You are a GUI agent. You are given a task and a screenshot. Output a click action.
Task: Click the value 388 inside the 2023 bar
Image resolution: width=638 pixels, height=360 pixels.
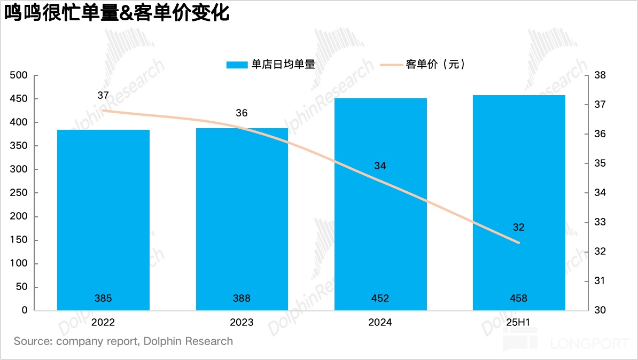click(x=242, y=298)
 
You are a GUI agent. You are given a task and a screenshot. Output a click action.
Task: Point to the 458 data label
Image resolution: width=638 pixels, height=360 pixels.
click(x=519, y=298)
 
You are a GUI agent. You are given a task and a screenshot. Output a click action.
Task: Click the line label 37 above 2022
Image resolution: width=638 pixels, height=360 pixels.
click(x=103, y=96)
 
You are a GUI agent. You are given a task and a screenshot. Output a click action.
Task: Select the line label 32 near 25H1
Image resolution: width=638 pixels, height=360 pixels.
click(x=518, y=227)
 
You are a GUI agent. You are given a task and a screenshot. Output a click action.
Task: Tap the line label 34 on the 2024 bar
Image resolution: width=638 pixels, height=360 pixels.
click(x=380, y=166)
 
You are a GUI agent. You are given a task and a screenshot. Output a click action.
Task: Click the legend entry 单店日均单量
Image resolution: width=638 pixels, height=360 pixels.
click(x=270, y=65)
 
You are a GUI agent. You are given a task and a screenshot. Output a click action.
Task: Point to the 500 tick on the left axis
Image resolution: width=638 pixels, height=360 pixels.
click(x=19, y=75)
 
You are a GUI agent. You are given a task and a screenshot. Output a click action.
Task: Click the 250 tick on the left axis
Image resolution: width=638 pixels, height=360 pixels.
click(x=19, y=193)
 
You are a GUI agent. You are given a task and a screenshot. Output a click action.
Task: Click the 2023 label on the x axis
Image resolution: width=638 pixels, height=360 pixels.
click(x=242, y=322)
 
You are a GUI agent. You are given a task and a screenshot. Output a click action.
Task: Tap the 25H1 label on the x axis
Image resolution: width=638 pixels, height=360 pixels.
click(x=519, y=322)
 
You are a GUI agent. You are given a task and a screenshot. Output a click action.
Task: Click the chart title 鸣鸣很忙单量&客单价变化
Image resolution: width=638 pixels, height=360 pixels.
click(x=117, y=13)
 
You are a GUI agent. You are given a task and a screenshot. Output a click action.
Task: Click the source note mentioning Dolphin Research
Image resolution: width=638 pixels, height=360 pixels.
click(x=123, y=341)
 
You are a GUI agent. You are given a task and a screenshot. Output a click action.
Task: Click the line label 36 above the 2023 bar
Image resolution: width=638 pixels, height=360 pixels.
click(x=242, y=113)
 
